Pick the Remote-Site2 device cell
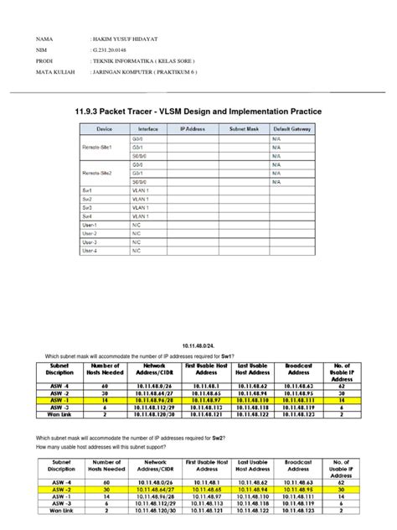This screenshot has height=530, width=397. pyautogui.click(x=103, y=174)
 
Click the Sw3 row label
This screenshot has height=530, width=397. pyautogui.click(x=87, y=206)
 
